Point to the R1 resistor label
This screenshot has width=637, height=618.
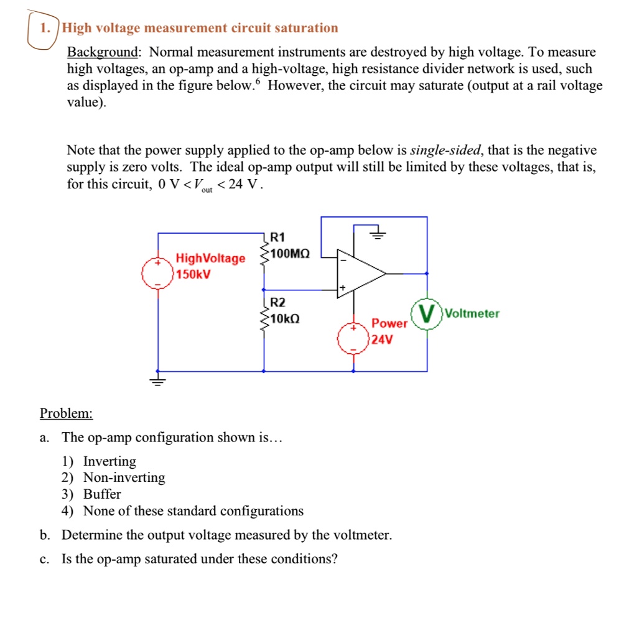[x=277, y=237]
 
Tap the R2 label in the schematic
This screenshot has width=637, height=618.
[x=277, y=303]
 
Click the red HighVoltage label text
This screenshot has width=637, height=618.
[x=210, y=258]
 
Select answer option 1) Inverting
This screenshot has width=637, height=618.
[x=101, y=461]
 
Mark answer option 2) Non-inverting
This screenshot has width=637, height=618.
[x=116, y=477]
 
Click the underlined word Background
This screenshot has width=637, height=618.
[x=101, y=52]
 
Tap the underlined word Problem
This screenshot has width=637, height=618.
[x=66, y=413]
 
